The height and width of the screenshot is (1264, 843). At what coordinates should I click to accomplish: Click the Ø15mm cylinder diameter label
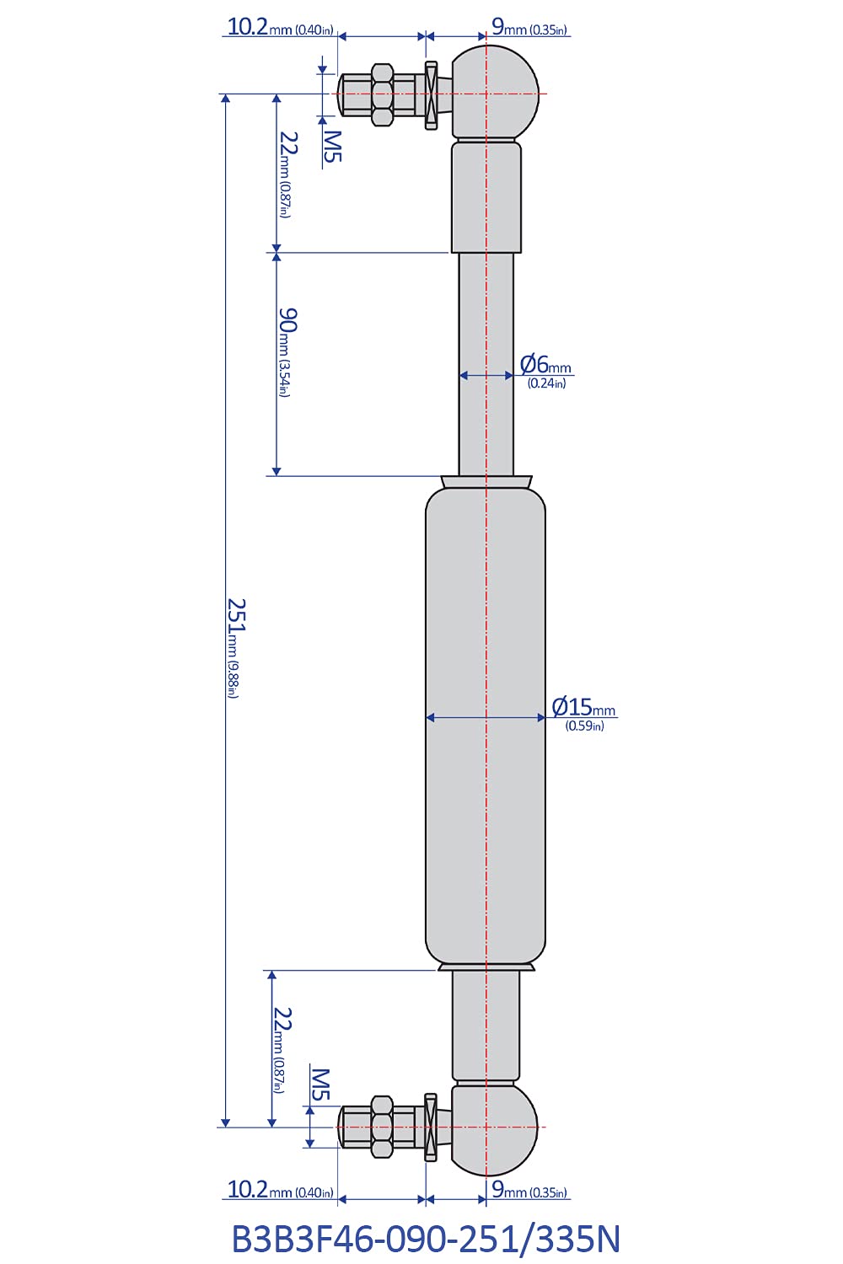[x=583, y=713]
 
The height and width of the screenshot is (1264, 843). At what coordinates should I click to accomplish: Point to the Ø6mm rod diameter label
[x=545, y=371]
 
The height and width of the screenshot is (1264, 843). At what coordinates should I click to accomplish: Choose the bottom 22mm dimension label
[x=281, y=1049]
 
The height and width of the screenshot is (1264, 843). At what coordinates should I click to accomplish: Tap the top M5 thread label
[x=332, y=146]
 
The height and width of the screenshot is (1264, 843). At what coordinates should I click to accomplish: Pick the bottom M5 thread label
[x=320, y=1084]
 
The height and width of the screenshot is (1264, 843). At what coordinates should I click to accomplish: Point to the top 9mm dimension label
[x=529, y=27]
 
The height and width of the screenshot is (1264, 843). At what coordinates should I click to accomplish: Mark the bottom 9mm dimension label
[x=529, y=1190]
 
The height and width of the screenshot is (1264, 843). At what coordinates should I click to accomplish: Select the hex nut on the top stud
[x=382, y=94]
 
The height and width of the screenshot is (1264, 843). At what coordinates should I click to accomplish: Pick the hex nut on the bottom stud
[x=382, y=1127]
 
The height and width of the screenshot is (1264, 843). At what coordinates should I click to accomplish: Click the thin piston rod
[x=486, y=362]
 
